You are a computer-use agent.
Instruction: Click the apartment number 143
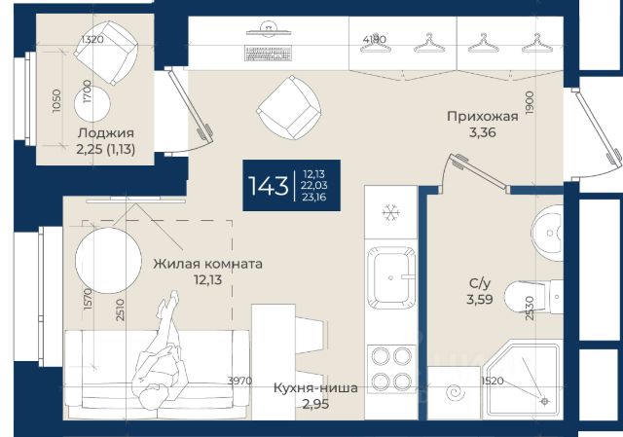pyautogui.click(x=269, y=186)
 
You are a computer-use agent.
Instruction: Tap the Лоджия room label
pyautogui.click(x=106, y=133)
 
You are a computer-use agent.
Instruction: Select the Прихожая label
pyautogui.click(x=483, y=117)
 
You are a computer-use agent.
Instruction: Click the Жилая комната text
pyautogui.click(x=207, y=264)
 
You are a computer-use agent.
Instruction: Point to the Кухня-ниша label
pyautogui.click(x=315, y=388)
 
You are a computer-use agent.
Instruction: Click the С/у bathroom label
pyautogui.click(x=480, y=283)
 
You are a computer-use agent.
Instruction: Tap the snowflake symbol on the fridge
pyautogui.click(x=391, y=213)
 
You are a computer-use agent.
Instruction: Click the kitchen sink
pyautogui.click(x=391, y=277)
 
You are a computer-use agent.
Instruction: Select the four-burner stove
pyautogui.click(x=391, y=369)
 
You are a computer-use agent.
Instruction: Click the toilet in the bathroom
pyautogui.click(x=533, y=297)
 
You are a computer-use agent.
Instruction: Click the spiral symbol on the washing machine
pyautogui.click(x=456, y=393)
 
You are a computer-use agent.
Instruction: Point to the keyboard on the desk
pyautogui.click(x=269, y=54)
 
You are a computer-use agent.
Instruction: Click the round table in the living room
pyautogui.click(x=108, y=261)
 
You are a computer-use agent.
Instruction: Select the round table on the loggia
pyautogui.click(x=92, y=104)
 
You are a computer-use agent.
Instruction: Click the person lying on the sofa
pyautogui.click(x=161, y=350)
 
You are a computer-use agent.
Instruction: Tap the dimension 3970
pyautogui.click(x=239, y=381)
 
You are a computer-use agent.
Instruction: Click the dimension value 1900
pyautogui.click(x=530, y=103)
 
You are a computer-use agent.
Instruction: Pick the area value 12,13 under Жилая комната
pyautogui.click(x=207, y=280)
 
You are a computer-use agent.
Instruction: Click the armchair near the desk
pyautogui.click(x=288, y=108)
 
